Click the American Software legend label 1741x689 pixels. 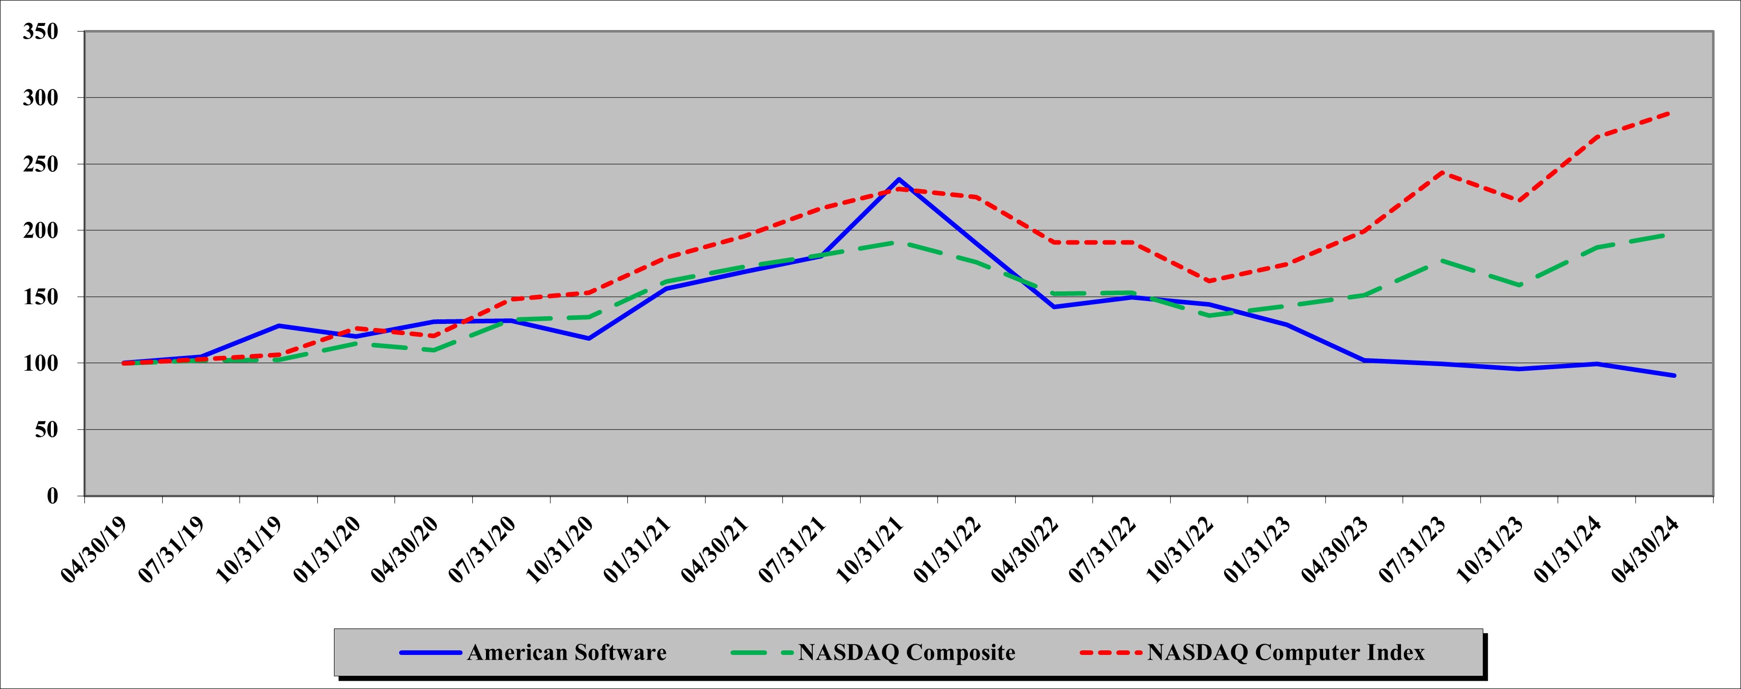tap(566, 652)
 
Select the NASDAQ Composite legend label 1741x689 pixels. tap(906, 652)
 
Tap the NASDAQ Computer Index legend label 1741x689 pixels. tap(1286, 652)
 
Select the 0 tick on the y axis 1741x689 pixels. tap(53, 496)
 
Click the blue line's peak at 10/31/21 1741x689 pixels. tap(899, 179)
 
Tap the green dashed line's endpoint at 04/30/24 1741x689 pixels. tap(1674, 234)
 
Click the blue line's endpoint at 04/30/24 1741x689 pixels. tap(1674, 375)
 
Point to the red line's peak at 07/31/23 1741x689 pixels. tap(1442, 172)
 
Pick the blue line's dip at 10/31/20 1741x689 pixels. tap(589, 338)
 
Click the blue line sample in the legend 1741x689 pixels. tap(431, 652)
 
